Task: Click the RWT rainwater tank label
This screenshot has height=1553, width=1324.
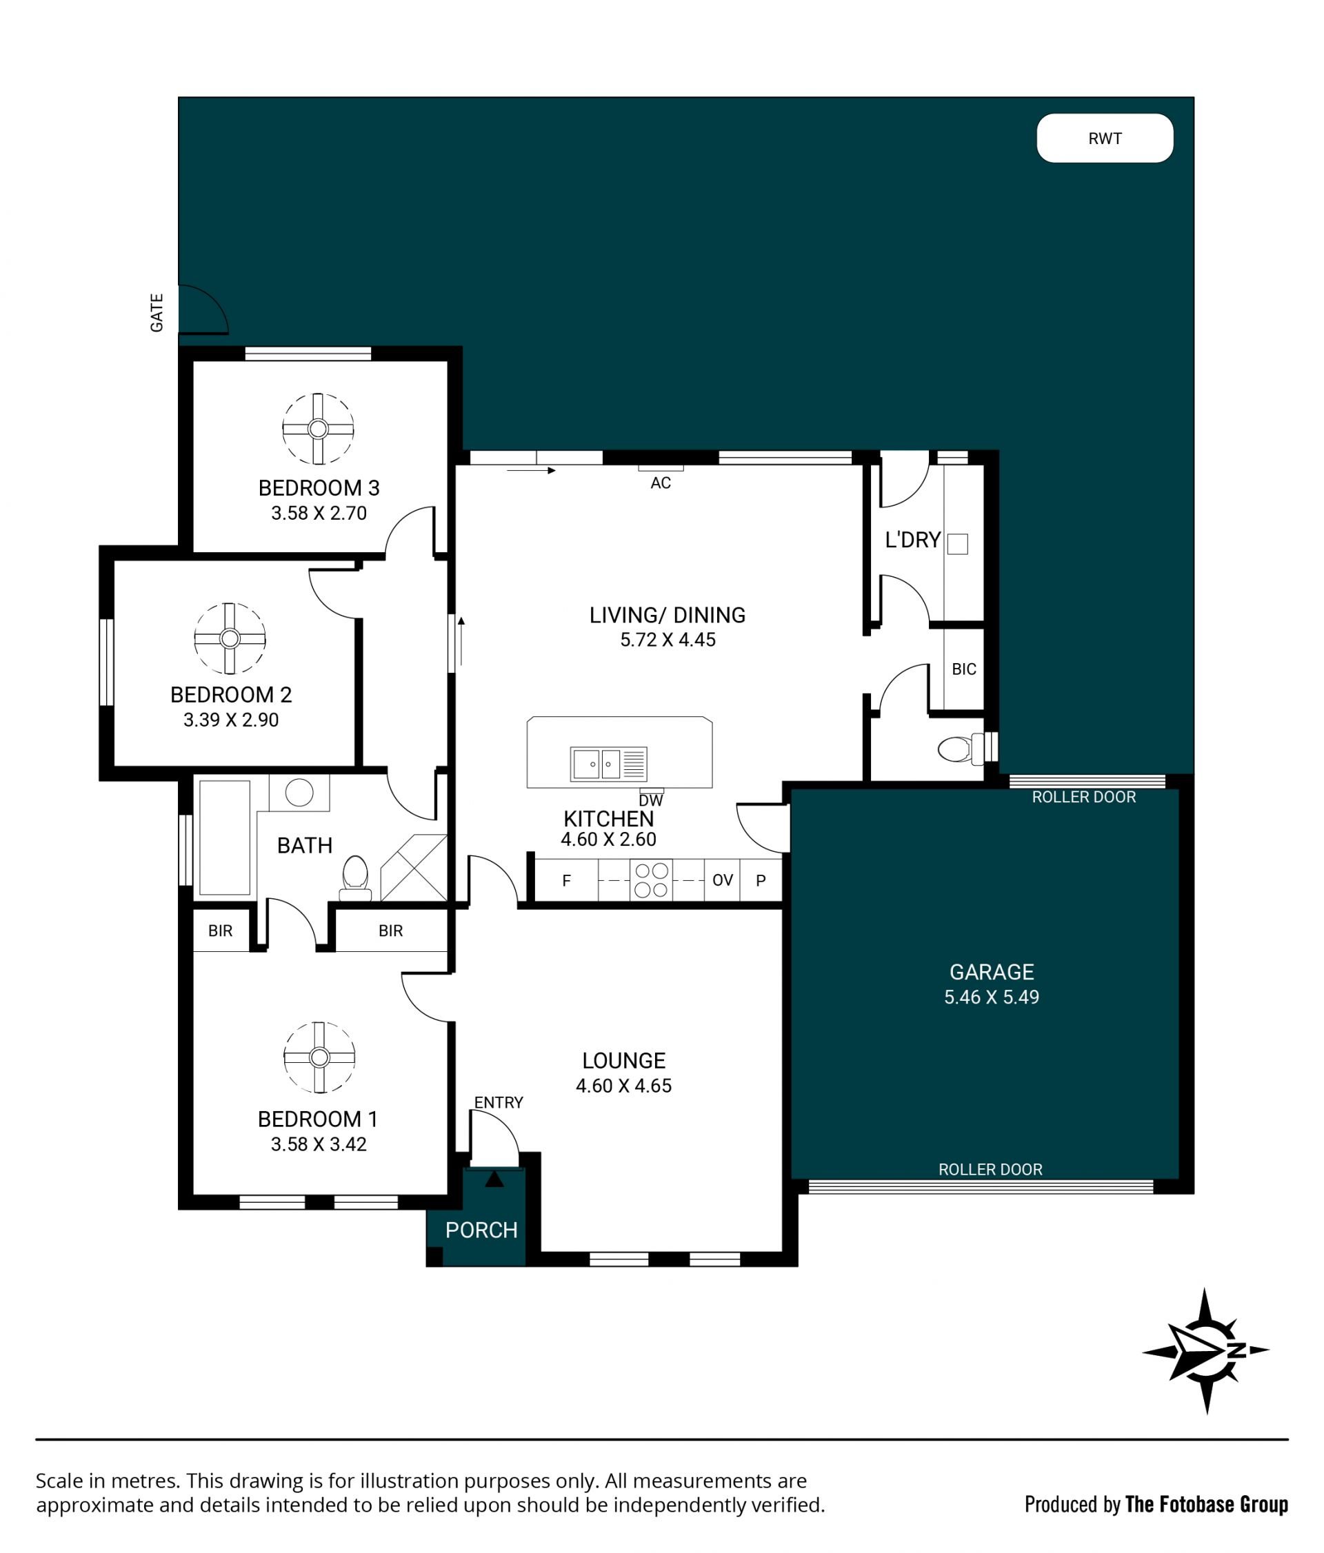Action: (x=1104, y=139)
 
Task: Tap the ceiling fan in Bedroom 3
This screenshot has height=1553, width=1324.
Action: (x=318, y=429)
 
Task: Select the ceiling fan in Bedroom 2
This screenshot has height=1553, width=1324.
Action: (x=230, y=638)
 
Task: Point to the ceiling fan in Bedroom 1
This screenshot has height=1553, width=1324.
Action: (x=319, y=1057)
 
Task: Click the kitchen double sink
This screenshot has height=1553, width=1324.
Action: (x=608, y=764)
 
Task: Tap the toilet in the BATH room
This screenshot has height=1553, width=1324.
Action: (x=355, y=877)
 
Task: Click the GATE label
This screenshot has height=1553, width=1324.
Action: (x=157, y=312)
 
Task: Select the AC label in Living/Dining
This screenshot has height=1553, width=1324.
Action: (x=661, y=483)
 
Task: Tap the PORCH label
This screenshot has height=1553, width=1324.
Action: (x=481, y=1230)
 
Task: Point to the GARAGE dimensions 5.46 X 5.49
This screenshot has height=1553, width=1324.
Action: (x=991, y=997)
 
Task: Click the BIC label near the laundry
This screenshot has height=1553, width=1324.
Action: (x=964, y=669)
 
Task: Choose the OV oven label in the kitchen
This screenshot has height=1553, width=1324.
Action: (x=723, y=880)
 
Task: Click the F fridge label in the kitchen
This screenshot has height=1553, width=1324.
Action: (x=567, y=881)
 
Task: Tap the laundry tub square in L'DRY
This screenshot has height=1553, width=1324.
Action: (x=957, y=543)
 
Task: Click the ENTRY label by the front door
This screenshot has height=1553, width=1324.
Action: (x=499, y=1102)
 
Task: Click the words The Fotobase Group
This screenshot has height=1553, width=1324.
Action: (x=1206, y=1504)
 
